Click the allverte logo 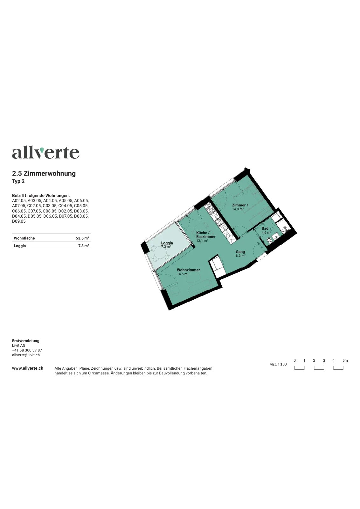point(46,153)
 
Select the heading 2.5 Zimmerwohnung point(44,173)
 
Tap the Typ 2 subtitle point(18,181)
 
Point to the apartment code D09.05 point(19,221)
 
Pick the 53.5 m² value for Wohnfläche point(82,238)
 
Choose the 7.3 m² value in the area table point(84,246)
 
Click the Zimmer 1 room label point(240,205)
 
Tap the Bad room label point(265,228)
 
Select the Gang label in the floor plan point(240,252)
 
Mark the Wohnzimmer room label point(188,270)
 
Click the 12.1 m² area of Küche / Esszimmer point(202,241)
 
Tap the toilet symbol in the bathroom point(269,240)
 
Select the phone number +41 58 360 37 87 point(27,350)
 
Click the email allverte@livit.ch point(26,355)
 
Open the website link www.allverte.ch point(28,368)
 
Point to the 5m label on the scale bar point(345,360)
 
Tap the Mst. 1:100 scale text point(278,364)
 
